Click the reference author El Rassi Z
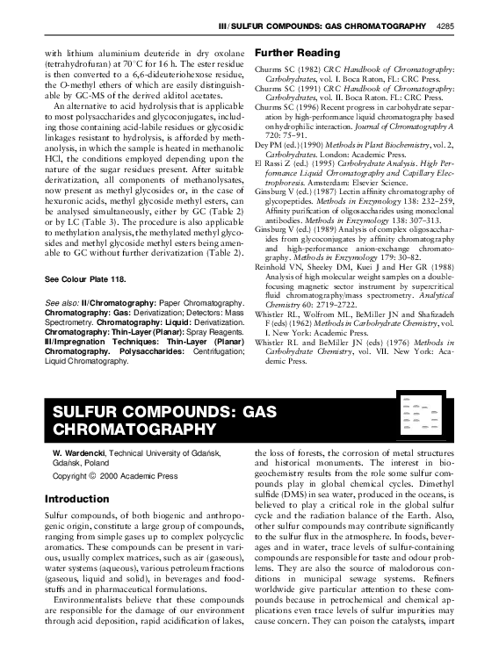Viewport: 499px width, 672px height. [273, 163]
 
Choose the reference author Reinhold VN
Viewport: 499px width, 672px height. [279, 264]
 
